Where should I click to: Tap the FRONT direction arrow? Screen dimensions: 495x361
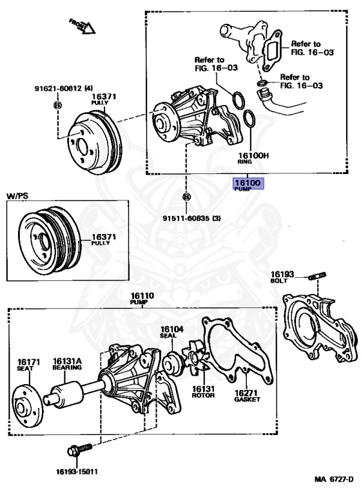click(x=82, y=26)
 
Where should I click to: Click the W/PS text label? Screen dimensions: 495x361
click(x=19, y=194)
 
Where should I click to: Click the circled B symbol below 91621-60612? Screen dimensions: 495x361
click(x=57, y=105)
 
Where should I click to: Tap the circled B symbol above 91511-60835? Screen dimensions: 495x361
click(x=187, y=197)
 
